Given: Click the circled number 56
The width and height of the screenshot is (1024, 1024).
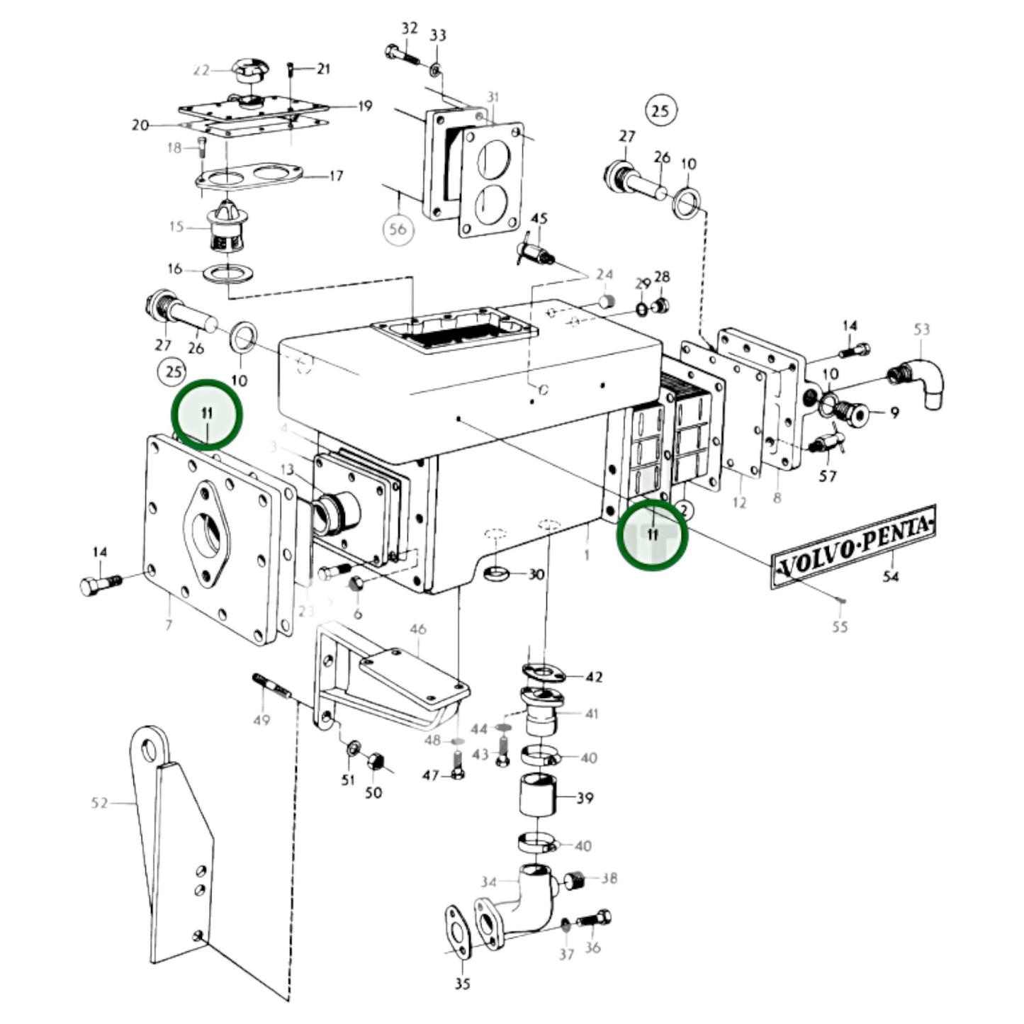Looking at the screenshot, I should tap(398, 229).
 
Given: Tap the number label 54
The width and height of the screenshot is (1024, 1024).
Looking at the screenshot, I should tap(890, 577).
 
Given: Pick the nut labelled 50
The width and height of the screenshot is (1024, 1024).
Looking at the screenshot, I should tap(376, 763).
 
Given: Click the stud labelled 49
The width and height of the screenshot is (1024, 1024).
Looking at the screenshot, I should tap(269, 686).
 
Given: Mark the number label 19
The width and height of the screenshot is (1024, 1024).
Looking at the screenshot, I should tap(365, 106).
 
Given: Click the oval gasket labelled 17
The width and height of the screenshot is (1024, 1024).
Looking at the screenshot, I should tap(248, 176).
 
